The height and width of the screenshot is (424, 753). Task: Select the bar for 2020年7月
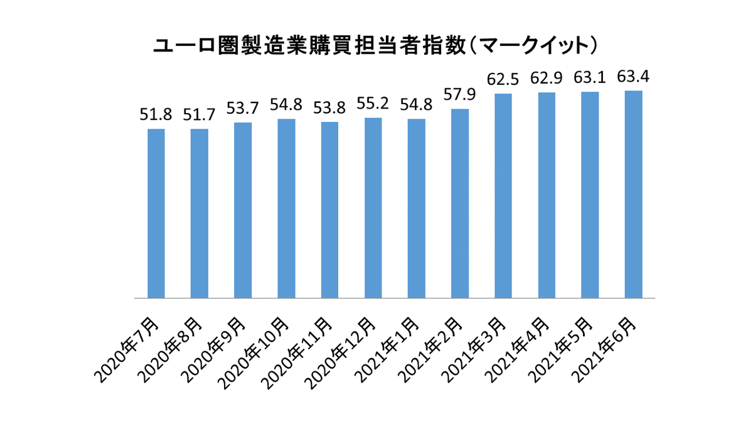pos(156,213)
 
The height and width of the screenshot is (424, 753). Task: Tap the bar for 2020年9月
pos(243,210)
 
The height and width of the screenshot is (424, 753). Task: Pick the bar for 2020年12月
pos(373,207)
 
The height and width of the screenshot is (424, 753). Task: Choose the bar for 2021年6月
pos(633,194)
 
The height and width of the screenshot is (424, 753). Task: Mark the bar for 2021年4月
pos(547,195)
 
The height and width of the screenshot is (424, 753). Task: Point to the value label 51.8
pos(155,116)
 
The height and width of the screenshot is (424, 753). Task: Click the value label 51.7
pos(200,116)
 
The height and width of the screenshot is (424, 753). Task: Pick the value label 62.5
pos(503,80)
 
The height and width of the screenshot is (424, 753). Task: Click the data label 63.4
pos(633,77)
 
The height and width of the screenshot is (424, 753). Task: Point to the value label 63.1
pos(590,79)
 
